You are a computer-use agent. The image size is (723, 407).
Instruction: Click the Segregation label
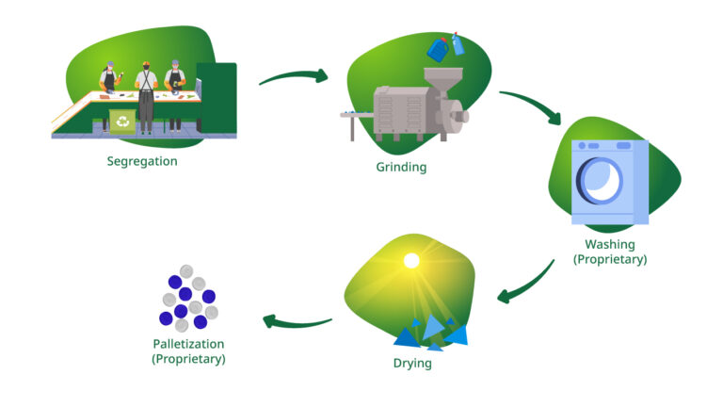pyautogui.click(x=142, y=161)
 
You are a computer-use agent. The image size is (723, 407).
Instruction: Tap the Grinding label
pyautogui.click(x=401, y=168)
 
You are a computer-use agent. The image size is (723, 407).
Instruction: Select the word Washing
pyautogui.click(x=611, y=244)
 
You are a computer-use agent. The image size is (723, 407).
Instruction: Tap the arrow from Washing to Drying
pyautogui.click(x=526, y=284)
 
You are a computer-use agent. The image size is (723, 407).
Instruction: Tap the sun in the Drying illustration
pyautogui.click(x=410, y=260)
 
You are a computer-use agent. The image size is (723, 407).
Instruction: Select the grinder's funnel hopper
pyautogui.click(x=437, y=79)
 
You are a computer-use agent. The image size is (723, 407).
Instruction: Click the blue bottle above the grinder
pyautogui.click(x=438, y=48)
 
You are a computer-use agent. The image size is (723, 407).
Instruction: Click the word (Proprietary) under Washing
pyautogui.click(x=611, y=259)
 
